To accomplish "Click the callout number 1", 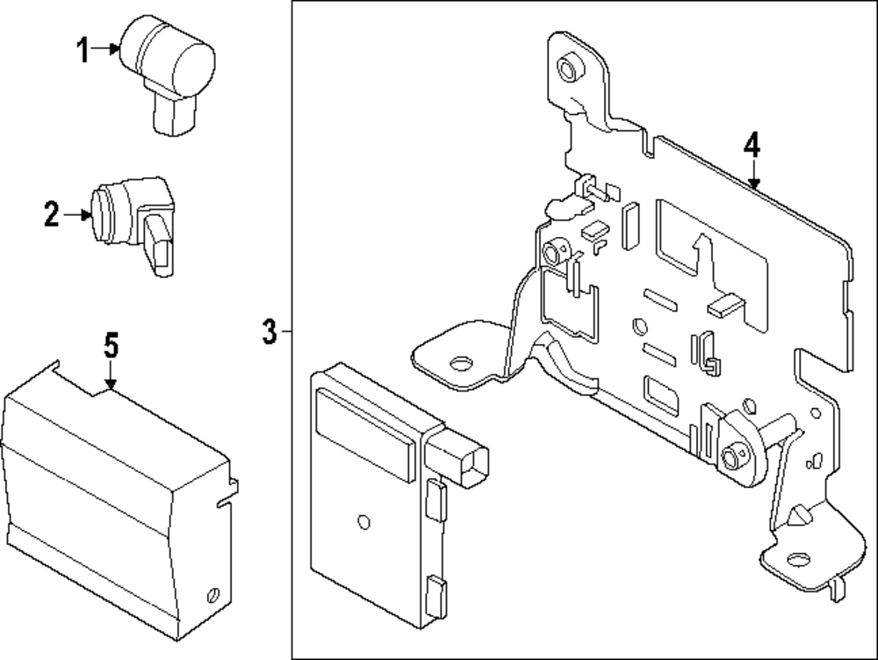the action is click(83, 50).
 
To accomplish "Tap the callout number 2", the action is click(52, 215).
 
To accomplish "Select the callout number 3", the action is click(270, 332).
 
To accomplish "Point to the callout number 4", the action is click(752, 145).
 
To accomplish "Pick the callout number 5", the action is click(112, 346).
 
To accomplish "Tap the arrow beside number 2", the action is click(77, 214).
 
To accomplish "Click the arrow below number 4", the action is click(753, 174).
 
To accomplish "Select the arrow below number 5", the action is click(111, 375).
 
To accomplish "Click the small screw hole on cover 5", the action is click(212, 594).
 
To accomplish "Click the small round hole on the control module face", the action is click(363, 521).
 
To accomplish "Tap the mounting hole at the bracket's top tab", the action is click(570, 68).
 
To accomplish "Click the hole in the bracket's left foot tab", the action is click(461, 364).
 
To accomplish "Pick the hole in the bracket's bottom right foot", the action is click(798, 559).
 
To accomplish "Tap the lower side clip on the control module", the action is click(436, 596).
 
